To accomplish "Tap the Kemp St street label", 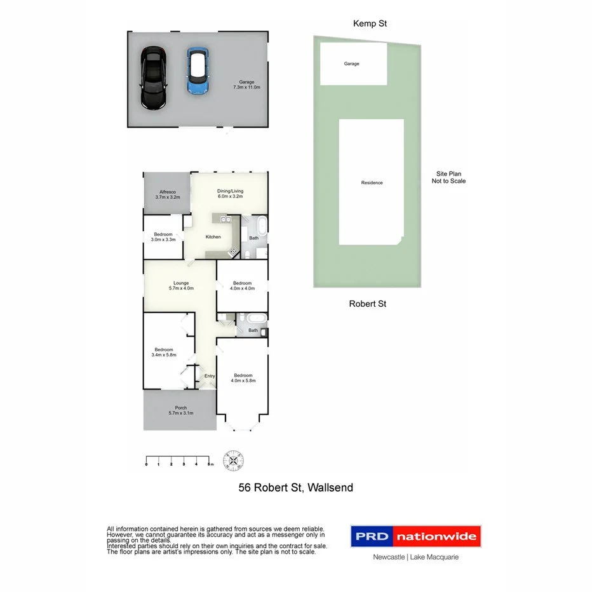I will (370, 24).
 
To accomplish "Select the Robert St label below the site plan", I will (368, 304).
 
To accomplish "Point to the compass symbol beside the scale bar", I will (234, 459).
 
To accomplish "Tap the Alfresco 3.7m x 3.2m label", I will (168, 194).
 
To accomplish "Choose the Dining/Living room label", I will (230, 194).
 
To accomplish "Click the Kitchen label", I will (213, 237).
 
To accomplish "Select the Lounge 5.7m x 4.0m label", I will (181, 285).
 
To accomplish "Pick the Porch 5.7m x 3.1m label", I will (181, 410).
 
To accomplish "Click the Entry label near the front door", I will (210, 376).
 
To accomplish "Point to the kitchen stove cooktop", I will (233, 253).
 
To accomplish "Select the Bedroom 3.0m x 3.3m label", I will (163, 237).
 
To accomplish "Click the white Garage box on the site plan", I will (353, 64).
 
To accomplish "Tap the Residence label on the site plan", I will (372, 183).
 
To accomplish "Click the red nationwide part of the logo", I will (436, 537).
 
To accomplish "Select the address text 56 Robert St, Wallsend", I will (295, 488).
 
